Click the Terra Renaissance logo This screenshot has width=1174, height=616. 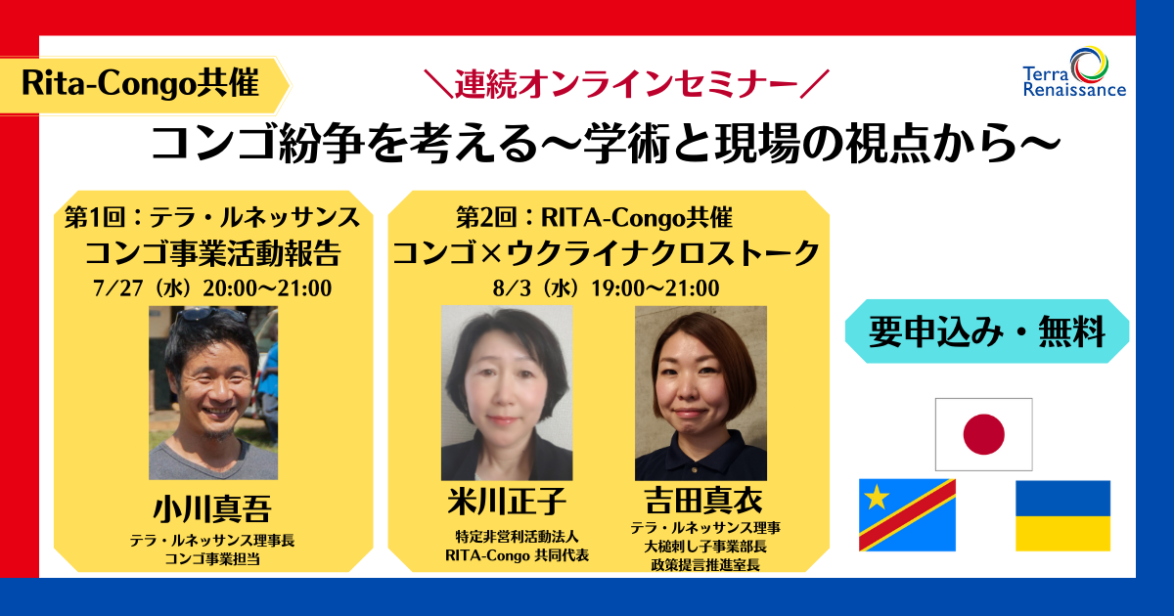(x=1074, y=72)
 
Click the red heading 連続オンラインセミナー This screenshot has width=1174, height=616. (x=627, y=85)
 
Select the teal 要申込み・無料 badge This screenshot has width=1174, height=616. (x=987, y=331)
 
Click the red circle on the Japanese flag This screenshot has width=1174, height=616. (x=984, y=434)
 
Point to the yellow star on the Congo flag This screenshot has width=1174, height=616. (x=877, y=497)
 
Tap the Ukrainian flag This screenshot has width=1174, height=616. (x=1062, y=515)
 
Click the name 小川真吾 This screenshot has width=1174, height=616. (x=212, y=509)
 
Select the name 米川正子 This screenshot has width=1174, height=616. (x=507, y=501)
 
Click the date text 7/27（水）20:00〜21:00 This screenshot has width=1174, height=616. (x=212, y=288)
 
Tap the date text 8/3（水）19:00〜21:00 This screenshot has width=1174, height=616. (x=606, y=288)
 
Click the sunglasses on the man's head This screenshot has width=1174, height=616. (x=211, y=314)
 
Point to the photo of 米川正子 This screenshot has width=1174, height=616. (x=507, y=393)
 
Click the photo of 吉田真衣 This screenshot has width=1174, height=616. (x=700, y=393)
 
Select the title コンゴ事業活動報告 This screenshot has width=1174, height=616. (x=213, y=253)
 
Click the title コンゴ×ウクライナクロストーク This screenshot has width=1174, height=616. (x=607, y=253)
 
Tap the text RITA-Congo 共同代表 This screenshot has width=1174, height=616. (x=517, y=555)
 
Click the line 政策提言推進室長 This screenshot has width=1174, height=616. (x=705, y=565)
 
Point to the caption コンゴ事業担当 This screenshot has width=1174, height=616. (x=212, y=559)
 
